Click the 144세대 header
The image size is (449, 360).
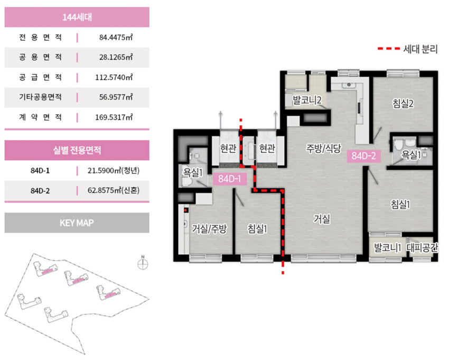(77, 17)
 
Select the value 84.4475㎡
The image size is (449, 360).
(116, 38)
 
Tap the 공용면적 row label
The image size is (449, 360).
(40, 57)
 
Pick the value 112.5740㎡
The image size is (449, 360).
(114, 77)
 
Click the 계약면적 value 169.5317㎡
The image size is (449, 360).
(114, 117)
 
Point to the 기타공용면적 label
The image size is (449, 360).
(40, 97)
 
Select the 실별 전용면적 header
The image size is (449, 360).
(77, 150)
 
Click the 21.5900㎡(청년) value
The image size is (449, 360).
(114, 171)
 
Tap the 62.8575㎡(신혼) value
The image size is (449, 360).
(114, 191)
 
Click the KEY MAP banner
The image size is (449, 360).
(77, 223)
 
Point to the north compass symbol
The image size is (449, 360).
(143, 263)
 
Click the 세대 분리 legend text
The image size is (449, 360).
(420, 49)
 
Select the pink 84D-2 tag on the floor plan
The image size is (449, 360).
(363, 156)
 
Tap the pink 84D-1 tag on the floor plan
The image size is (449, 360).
(230, 179)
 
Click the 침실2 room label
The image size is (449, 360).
(403, 104)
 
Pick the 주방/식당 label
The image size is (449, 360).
(324, 148)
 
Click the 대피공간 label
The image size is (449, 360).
(423, 247)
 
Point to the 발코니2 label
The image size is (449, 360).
(307, 100)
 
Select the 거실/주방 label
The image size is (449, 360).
(209, 229)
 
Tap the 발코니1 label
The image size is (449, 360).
(387, 247)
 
